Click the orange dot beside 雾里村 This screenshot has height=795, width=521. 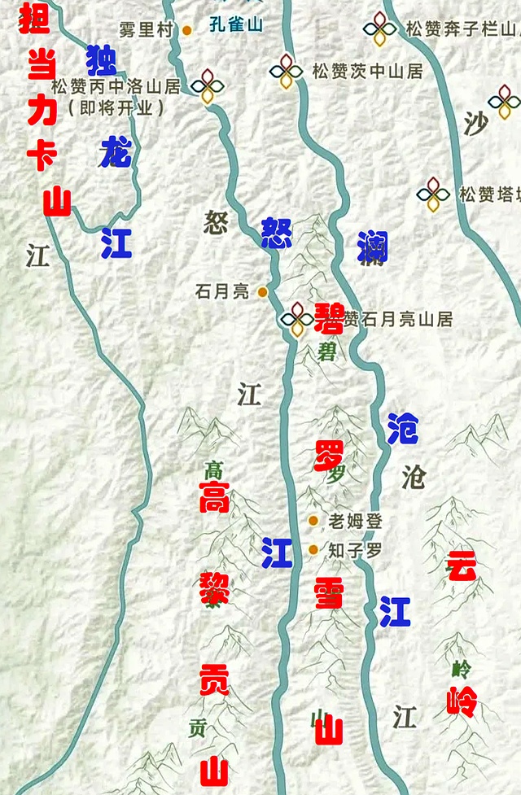[x=186, y=30]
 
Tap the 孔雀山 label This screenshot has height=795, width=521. [x=236, y=25]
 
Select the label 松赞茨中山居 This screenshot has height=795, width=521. [x=367, y=71]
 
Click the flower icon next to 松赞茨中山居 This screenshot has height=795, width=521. [x=286, y=72]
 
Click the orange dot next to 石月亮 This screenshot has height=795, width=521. [x=262, y=291]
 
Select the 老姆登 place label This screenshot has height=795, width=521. [x=355, y=521]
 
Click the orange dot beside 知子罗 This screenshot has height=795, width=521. [x=313, y=550]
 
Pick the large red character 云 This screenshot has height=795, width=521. [x=461, y=566]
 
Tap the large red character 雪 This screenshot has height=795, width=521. [x=330, y=596]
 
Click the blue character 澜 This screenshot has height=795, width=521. [x=371, y=247]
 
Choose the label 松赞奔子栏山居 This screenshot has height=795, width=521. [x=461, y=30]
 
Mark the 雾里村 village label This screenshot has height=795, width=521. [x=147, y=30]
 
